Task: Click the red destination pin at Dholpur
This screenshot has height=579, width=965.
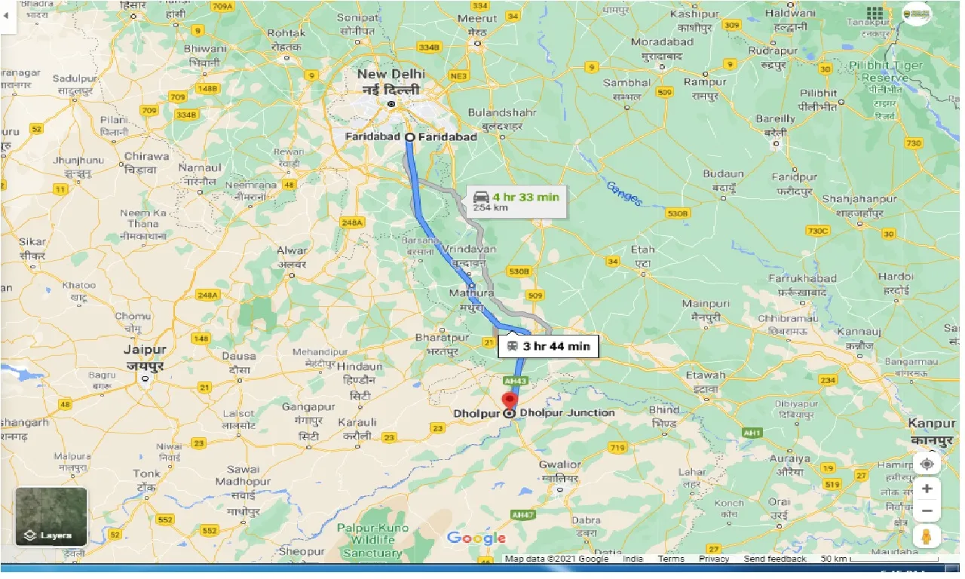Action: [510, 400]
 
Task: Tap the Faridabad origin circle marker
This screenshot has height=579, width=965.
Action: [409, 137]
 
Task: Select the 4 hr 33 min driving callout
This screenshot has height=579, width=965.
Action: [515, 201]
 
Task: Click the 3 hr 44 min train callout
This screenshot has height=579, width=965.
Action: [548, 347]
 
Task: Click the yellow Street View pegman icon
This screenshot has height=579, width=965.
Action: [927, 536]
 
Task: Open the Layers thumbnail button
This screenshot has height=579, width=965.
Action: [51, 516]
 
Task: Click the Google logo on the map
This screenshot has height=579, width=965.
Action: [476, 538]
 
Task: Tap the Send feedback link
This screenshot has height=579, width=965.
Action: [774, 559]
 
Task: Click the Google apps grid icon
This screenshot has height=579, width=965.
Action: [875, 14]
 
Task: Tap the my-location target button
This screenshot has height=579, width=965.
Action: [927, 464]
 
